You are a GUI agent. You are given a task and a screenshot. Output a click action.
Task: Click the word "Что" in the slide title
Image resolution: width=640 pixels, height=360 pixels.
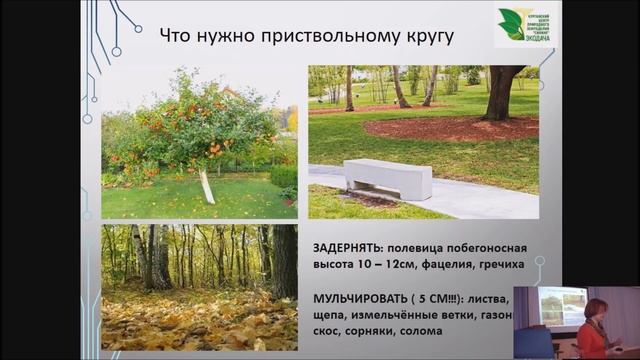(x=179, y=37)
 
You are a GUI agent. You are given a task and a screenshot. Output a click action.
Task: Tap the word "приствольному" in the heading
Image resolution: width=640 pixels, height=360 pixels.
(x=320, y=37)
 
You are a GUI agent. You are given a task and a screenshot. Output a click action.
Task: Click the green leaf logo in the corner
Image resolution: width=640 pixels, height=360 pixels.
(x=512, y=22)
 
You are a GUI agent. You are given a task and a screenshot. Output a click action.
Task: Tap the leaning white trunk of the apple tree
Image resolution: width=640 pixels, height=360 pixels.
(x=207, y=185)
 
